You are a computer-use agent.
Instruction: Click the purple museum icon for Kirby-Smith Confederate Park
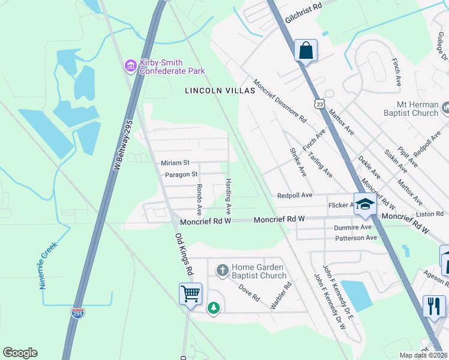[130, 66]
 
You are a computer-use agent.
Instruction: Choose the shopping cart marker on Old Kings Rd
[190, 295]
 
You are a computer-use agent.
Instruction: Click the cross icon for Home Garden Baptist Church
[222, 271]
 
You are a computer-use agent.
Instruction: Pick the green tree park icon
[213, 308]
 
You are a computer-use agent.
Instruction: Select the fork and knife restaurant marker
[433, 306]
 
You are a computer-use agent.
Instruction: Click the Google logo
[20, 353]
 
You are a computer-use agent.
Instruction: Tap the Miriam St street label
[175, 163]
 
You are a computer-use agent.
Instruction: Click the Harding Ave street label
[228, 197]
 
